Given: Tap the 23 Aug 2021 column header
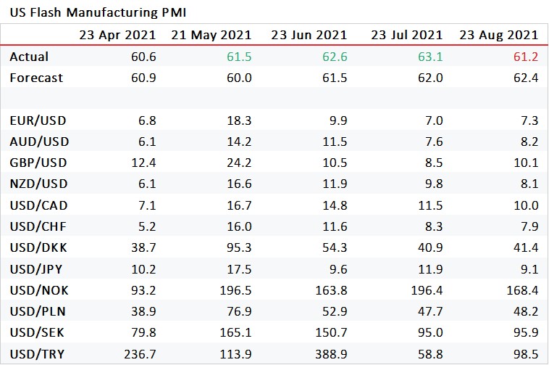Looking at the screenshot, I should pyautogui.click(x=498, y=35).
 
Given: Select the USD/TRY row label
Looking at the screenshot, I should pyautogui.click(x=38, y=354).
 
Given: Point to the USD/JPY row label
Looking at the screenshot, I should pyautogui.click(x=37, y=269).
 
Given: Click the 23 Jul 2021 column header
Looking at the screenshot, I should pyautogui.click(x=406, y=35).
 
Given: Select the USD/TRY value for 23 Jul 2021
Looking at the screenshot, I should pyautogui.click(x=431, y=354).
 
